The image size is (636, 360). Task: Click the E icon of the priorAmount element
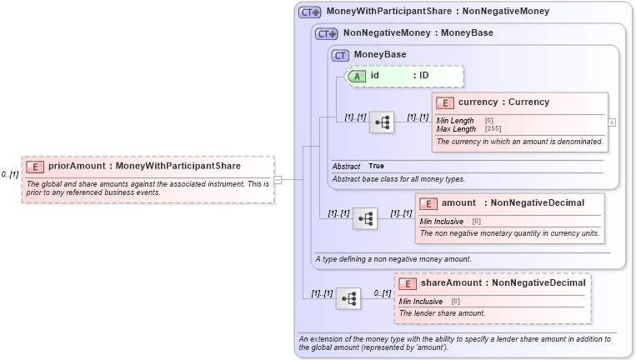point(36,166)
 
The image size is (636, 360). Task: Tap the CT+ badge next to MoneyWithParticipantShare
point(310,12)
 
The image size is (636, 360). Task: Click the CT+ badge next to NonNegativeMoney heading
point(326,33)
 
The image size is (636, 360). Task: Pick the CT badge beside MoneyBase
point(340,55)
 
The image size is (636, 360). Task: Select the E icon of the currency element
point(445,102)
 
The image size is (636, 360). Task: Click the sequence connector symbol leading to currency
point(382,122)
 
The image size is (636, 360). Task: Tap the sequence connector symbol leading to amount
point(365,219)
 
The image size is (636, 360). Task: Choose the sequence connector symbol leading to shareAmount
point(348,298)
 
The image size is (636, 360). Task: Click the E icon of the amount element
point(428,203)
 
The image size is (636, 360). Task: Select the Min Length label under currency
point(455,121)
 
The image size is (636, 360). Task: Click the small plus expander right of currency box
point(613,122)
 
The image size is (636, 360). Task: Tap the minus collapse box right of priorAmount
point(278,179)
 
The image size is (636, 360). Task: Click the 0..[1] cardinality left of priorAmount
point(10,175)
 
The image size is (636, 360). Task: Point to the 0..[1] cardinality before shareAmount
point(382,293)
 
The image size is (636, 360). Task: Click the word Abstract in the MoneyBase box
point(346,167)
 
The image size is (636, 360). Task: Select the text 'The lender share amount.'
point(442,313)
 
